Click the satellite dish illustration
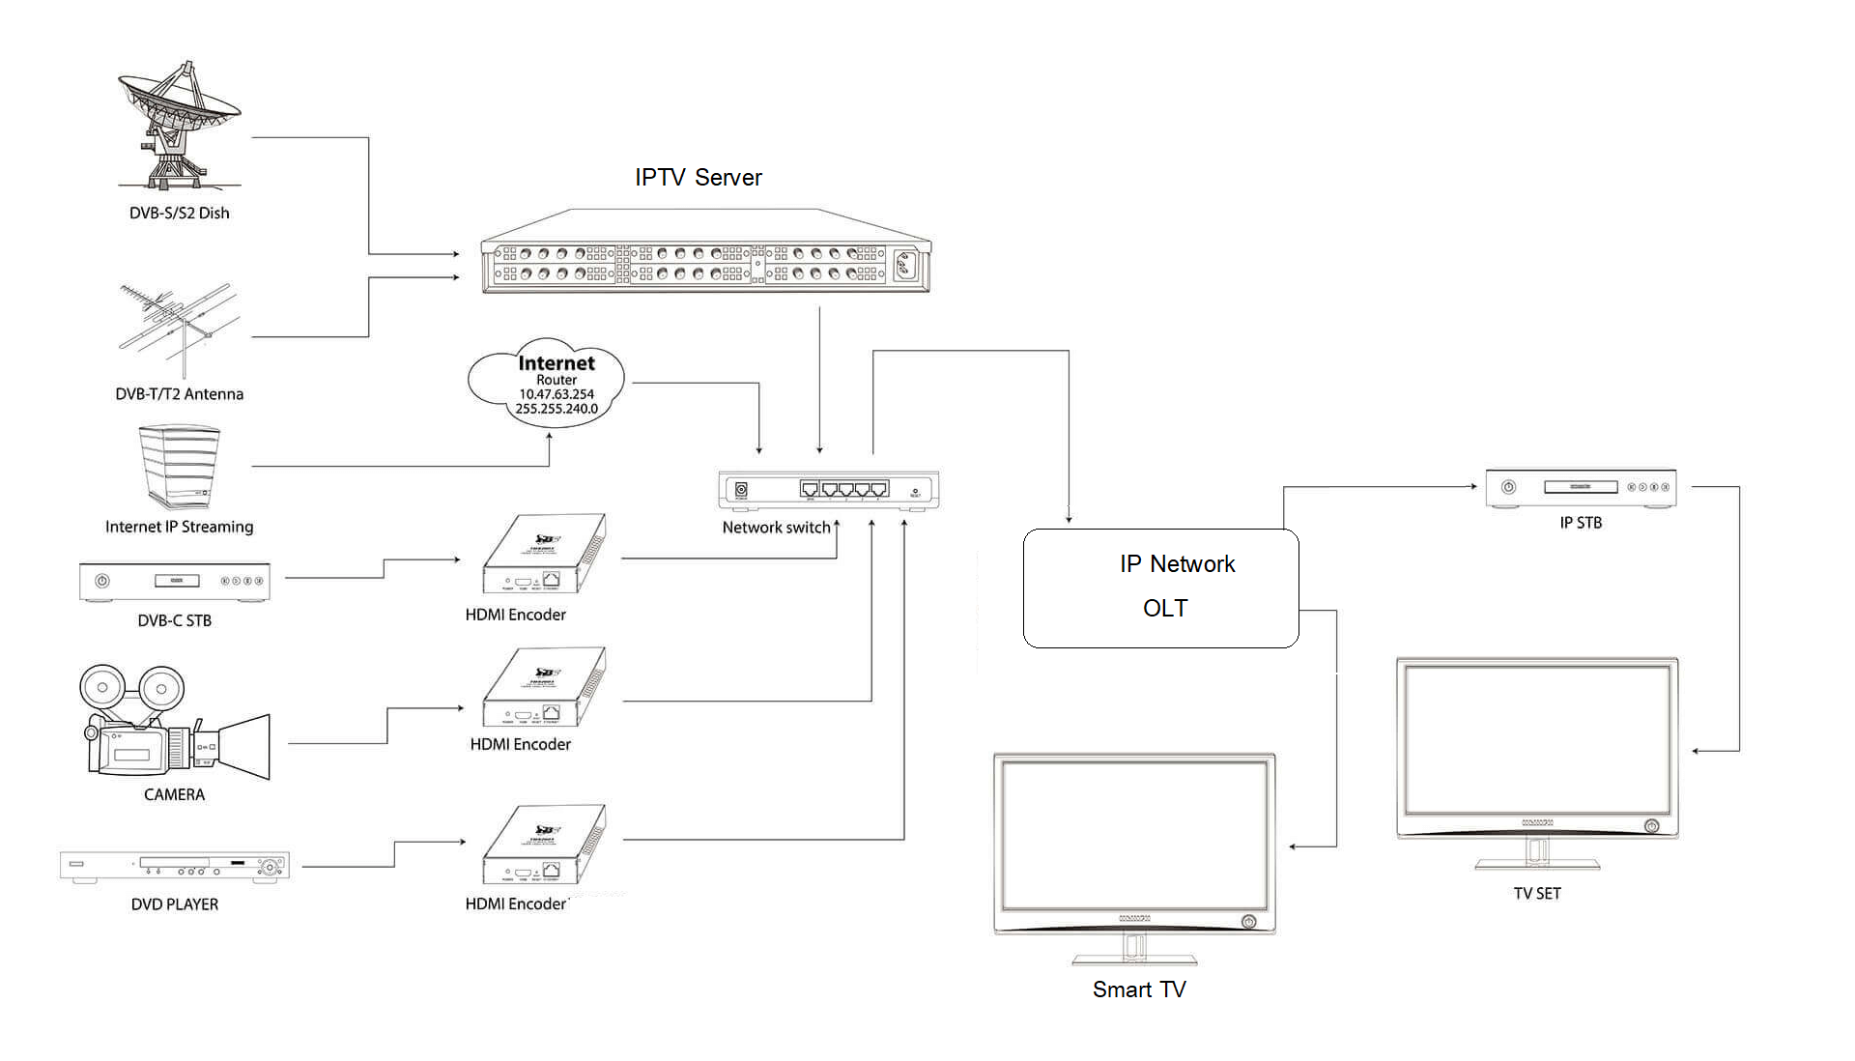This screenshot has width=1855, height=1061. coord(179,126)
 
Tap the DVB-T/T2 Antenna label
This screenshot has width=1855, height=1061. coord(179,394)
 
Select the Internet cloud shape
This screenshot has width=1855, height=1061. coord(547,385)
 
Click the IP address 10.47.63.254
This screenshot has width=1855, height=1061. coord(556,394)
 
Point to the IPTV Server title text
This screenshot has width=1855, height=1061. coord(698,178)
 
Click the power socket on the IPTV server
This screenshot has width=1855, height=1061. coord(905,264)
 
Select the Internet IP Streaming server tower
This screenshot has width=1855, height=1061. coord(179,466)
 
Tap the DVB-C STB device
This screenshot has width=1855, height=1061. coord(174,581)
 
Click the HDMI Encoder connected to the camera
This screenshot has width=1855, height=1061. coord(544,687)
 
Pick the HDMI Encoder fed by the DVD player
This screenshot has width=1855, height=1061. coord(544,845)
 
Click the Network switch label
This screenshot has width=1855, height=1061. coord(776,528)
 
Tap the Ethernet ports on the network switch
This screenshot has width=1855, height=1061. coord(843,489)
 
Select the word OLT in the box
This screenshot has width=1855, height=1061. coord(1165,609)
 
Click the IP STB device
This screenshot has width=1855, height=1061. coord(1581,487)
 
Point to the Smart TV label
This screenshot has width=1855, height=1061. coord(1139,989)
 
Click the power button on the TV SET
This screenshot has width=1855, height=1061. coord(1652,826)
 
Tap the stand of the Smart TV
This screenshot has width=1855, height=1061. coord(1134,952)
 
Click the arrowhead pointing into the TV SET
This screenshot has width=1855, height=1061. coord(1698,751)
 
